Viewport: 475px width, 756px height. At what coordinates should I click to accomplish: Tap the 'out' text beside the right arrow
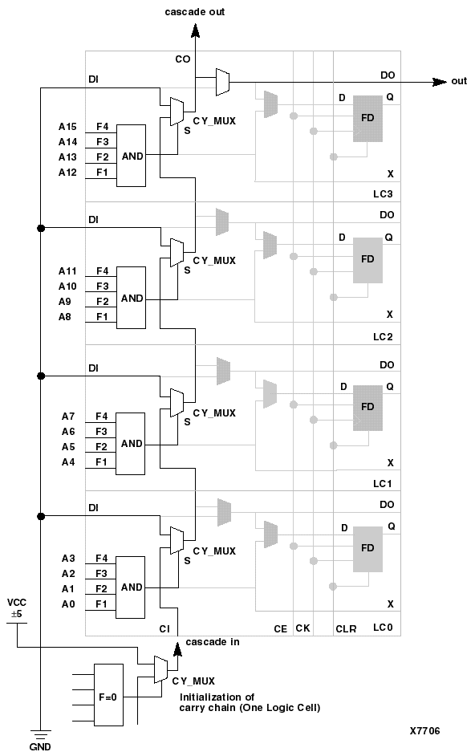tap(459, 81)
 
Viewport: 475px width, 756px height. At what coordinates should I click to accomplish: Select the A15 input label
tap(67, 127)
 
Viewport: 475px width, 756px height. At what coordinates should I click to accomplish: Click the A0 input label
tap(67, 603)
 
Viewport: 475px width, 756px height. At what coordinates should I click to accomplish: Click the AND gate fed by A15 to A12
tap(131, 156)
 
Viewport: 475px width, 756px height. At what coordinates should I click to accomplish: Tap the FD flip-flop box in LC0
tap(367, 548)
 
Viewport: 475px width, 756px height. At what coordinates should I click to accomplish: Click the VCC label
tap(16, 602)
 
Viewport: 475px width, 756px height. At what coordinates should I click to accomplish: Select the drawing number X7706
tap(424, 731)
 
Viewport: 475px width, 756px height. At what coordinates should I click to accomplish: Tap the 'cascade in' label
tap(213, 642)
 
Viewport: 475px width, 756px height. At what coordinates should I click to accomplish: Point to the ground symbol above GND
tap(39, 732)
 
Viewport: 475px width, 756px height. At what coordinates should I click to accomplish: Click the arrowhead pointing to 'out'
tap(440, 81)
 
